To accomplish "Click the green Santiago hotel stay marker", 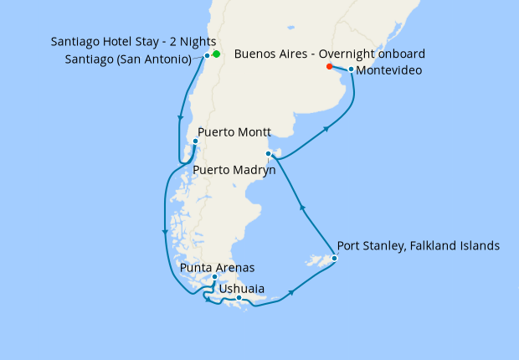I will click(x=216, y=54).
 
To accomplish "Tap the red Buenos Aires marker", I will click(x=329, y=66).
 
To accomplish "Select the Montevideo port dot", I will click(x=351, y=69).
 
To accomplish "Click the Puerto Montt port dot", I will click(x=195, y=140).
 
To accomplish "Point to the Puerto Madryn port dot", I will click(x=268, y=153).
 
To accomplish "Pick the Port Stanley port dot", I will click(x=334, y=259).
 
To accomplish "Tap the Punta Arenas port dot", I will click(x=215, y=277).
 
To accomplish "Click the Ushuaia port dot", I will click(x=239, y=298).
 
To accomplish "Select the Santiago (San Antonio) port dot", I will click(x=207, y=56).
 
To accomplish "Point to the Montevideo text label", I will click(x=388, y=70).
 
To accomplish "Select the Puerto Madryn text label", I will click(x=234, y=169).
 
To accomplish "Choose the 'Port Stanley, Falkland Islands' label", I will click(x=418, y=246).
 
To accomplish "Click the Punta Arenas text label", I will click(x=217, y=268).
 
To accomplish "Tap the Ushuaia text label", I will click(x=242, y=289).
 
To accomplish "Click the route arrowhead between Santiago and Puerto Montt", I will click(x=180, y=119).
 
